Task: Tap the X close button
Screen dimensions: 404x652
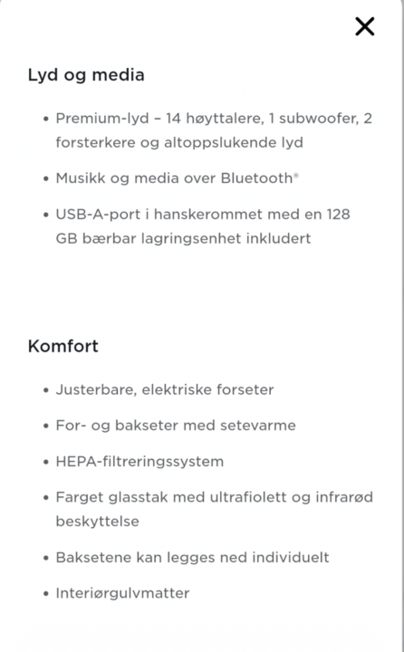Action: [x=364, y=26]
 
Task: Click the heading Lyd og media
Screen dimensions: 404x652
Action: [x=86, y=75]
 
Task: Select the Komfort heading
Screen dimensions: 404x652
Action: [x=63, y=346]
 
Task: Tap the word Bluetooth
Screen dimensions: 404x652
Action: [x=256, y=178]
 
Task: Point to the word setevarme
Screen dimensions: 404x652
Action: [x=255, y=426]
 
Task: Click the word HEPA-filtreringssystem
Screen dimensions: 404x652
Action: [x=139, y=462]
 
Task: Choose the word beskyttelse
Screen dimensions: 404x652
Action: [x=98, y=522]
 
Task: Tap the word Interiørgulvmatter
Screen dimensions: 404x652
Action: [x=122, y=593]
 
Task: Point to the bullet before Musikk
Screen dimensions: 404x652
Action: [x=45, y=178]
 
